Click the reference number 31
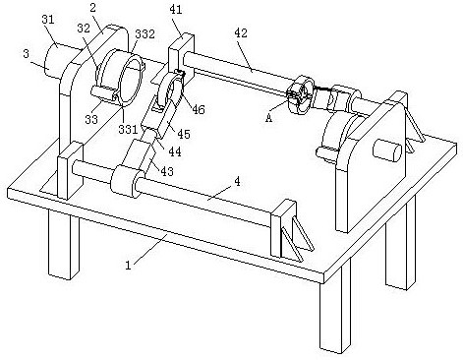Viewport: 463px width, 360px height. tap(48, 20)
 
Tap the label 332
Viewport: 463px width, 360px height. tap(145, 33)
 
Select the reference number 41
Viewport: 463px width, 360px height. tap(176, 10)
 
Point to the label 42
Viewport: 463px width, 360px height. tap(241, 32)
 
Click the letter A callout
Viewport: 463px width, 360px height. tap(268, 118)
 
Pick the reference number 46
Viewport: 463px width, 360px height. tap(199, 109)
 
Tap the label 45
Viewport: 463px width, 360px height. tap(184, 134)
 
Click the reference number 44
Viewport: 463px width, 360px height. tap(175, 151)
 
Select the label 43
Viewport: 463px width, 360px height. tap(167, 171)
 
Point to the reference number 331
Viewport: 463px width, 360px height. tap(128, 129)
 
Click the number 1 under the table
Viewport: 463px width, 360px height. tap(129, 265)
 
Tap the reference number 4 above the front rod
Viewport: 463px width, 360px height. tap(238, 181)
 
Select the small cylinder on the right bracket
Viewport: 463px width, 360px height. tap(386, 150)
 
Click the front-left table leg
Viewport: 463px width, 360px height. tap(64, 245)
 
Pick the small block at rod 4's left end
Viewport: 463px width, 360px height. tap(70, 170)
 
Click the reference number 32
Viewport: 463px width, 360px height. tap(84, 29)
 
